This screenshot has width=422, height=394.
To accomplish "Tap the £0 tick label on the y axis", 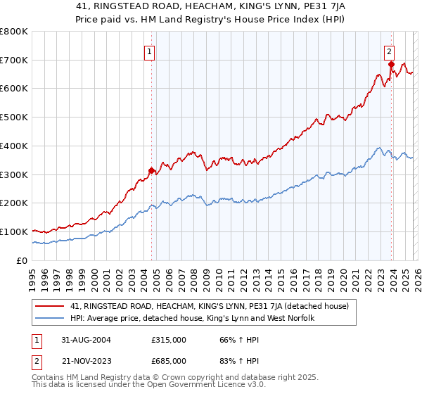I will pos(22,260).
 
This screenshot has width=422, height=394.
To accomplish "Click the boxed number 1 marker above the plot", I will pos(151,51).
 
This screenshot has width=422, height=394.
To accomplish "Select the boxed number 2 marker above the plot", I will pos(389,51).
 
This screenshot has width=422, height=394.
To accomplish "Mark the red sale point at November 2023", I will pos(391,64).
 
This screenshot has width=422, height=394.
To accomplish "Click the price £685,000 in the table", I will pos(169,360).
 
